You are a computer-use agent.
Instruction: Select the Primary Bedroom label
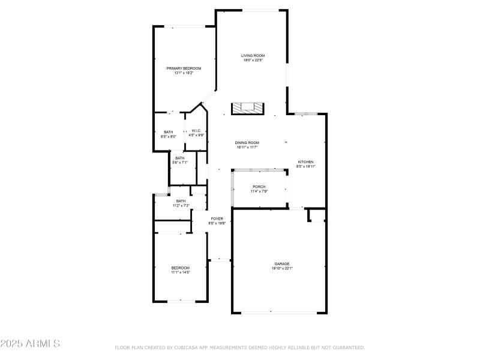(x=184, y=68)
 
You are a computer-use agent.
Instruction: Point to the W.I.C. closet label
(x=196, y=131)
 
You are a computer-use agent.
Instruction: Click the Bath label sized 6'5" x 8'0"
(x=169, y=132)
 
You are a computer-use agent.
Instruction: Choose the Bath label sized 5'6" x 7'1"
(x=180, y=158)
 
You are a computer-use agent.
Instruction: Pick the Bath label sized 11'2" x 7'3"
(x=181, y=201)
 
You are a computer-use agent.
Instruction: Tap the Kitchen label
(x=306, y=162)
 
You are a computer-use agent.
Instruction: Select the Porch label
(x=259, y=187)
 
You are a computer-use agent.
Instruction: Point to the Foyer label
(x=217, y=218)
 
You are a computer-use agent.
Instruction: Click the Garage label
(x=282, y=263)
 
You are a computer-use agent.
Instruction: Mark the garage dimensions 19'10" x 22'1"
(x=282, y=268)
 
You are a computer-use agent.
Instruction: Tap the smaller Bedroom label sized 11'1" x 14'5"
(x=181, y=268)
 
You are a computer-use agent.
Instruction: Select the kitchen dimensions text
(x=306, y=167)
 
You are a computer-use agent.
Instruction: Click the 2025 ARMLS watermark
(x=30, y=344)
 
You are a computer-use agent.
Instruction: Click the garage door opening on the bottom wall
(x=279, y=312)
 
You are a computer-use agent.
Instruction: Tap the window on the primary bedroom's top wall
(x=184, y=26)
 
